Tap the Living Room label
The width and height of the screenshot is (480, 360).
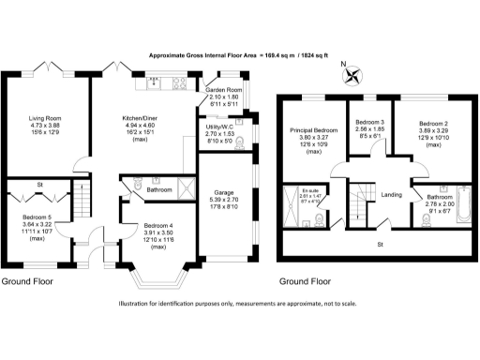click(44, 118)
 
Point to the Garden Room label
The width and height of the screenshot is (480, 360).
click(223, 89)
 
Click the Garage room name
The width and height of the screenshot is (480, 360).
click(224, 190)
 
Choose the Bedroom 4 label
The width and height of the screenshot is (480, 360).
click(144, 226)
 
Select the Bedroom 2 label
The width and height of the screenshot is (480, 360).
click(433, 123)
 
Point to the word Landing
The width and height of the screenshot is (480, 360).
click(393, 195)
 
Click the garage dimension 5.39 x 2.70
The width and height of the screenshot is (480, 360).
click(224, 199)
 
